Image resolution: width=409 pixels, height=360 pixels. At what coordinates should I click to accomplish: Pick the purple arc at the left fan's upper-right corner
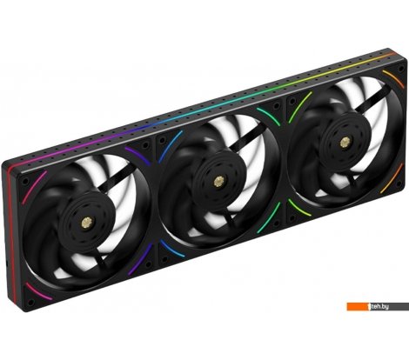tap(135, 154)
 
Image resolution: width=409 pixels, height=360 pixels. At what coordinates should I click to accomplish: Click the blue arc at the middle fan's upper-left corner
tap(173, 142)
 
